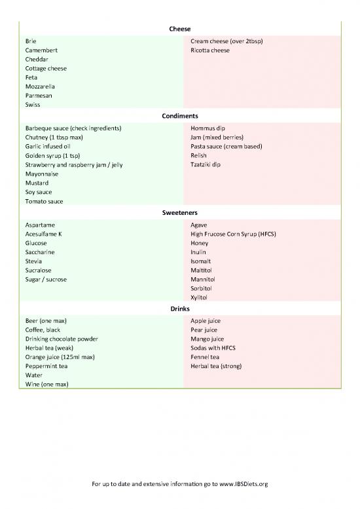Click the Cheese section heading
[179, 29]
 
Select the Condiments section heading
[179, 116]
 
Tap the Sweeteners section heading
[179, 213]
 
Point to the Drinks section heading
[179, 309]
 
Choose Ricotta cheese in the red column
[209, 50]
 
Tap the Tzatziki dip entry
[206, 165]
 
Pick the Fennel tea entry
[205, 358]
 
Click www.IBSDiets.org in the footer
[243, 484]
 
